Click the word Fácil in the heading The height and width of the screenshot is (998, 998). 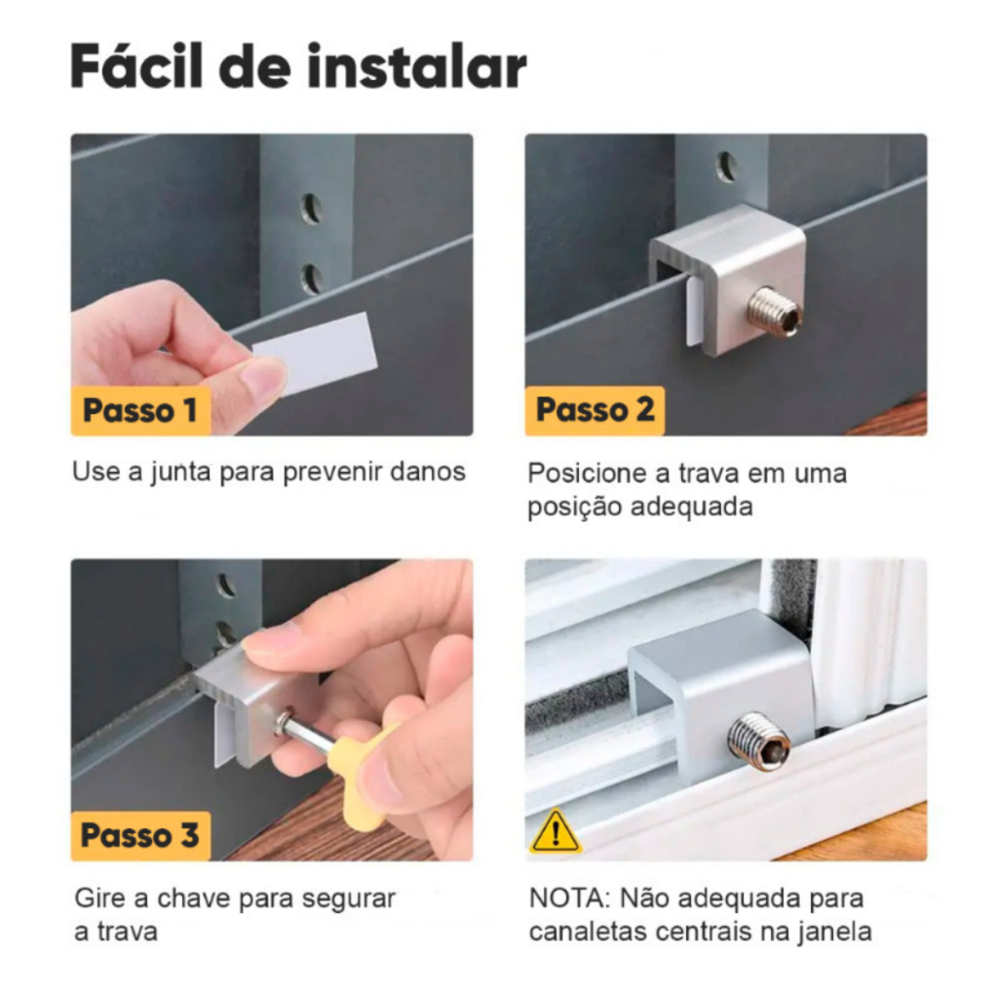coord(136,65)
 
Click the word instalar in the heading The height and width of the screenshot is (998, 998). coord(417,65)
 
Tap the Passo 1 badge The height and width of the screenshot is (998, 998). coord(140,410)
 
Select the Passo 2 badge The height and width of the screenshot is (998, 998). coord(595,410)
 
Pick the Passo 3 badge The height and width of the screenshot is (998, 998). coord(140,835)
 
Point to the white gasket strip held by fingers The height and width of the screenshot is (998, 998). coord(316,351)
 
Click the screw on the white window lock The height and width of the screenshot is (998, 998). coord(759,742)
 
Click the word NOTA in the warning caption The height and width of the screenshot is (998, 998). coord(569,899)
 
